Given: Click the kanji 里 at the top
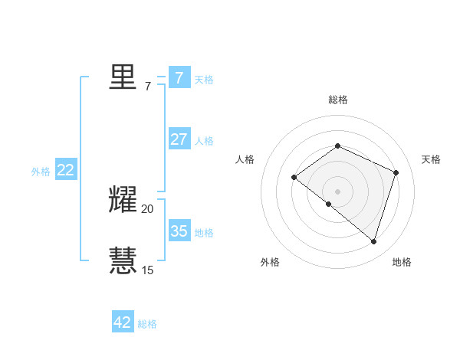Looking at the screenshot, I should pos(123,77).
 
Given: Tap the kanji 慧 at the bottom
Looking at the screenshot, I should pos(123,260).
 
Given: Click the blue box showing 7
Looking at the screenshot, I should pos(179,77).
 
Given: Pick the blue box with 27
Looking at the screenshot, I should pos(179,139).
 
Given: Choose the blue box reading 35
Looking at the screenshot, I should pos(179,231).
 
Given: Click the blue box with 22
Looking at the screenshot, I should pos(65,171).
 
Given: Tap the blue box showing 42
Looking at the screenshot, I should pos(123,322).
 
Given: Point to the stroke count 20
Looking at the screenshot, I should pos(147,209).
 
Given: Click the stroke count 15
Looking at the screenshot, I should pos(147,270).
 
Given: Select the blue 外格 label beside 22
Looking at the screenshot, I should pos(41,172).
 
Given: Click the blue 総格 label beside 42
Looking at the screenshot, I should pos(147,324).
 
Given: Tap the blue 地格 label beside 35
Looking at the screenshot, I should pos(204,232).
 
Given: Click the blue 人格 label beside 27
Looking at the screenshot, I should pos(204,141).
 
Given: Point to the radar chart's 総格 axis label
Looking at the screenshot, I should pos(338,100).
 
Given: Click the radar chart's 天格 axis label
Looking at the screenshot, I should pos(431,159).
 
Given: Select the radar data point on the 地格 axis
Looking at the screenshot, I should pos(374,241).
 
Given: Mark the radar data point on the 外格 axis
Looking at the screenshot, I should pos(328,205).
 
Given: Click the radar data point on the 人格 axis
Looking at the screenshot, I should pos(294,177).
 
